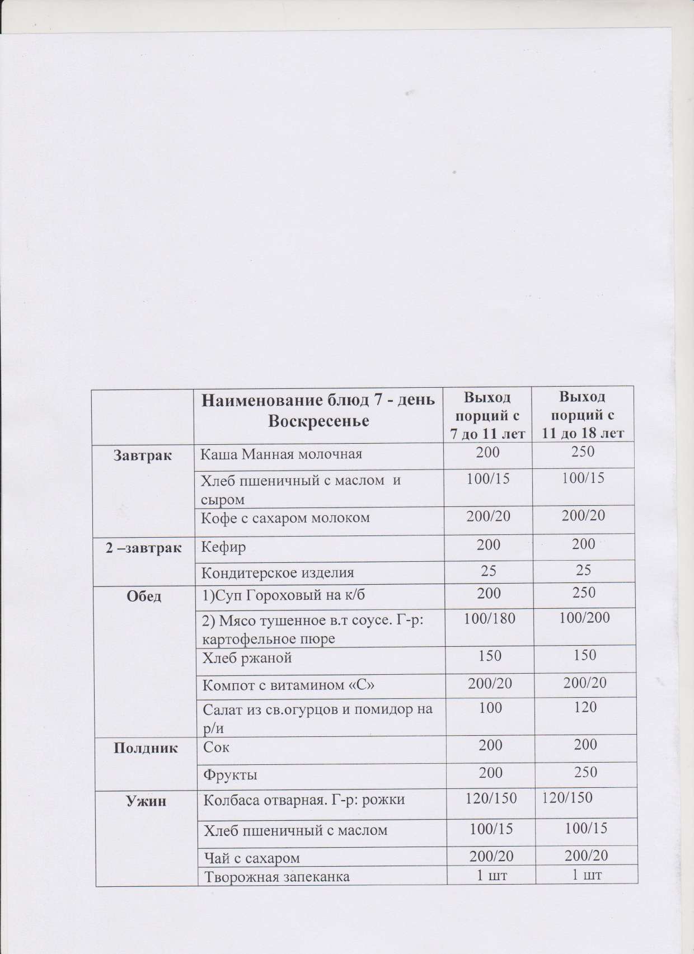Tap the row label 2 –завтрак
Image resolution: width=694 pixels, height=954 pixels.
coord(144,547)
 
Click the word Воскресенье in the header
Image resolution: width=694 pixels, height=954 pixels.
coord(318,421)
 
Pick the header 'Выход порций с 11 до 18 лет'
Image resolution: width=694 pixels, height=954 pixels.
coord(583,415)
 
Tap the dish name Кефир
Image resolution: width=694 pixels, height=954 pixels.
coord(223,547)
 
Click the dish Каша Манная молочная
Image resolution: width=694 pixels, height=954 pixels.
coord(281,454)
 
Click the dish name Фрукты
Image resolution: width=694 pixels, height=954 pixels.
coord(230,776)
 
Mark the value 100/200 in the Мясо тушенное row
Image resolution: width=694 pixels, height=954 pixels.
coord(584,618)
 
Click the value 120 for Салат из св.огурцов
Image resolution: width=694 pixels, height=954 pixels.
coord(585,708)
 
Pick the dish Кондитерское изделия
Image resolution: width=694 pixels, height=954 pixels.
coord(277,573)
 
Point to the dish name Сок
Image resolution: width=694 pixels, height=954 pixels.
coord(216,747)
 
